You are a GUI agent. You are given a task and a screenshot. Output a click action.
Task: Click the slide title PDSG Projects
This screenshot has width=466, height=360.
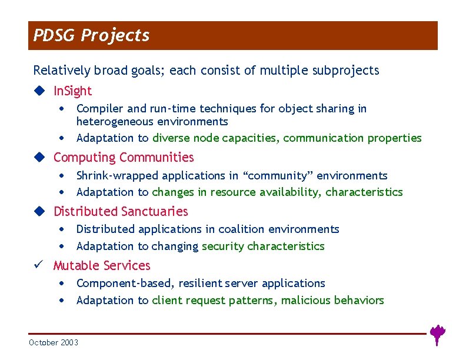click(x=91, y=36)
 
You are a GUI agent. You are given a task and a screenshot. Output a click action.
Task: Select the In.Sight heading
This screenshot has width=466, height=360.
click(x=72, y=91)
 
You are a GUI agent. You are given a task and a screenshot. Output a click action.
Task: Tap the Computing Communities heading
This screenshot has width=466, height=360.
click(x=123, y=158)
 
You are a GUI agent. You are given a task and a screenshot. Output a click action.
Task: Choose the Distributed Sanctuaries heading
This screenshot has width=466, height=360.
click(x=121, y=212)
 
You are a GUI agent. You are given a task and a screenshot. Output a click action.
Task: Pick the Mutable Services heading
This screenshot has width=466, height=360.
click(x=102, y=266)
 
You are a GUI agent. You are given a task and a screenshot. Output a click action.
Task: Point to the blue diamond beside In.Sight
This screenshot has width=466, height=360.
click(x=39, y=91)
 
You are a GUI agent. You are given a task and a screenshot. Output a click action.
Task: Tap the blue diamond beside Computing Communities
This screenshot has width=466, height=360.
click(x=39, y=158)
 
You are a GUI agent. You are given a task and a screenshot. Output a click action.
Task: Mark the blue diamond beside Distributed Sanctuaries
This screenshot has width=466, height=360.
click(x=39, y=212)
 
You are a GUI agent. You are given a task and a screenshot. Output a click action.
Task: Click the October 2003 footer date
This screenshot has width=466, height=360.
click(x=54, y=342)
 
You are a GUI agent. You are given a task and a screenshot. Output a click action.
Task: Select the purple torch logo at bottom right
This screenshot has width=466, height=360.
click(x=437, y=334)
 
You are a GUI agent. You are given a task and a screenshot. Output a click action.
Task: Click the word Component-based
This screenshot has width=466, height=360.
click(x=124, y=284)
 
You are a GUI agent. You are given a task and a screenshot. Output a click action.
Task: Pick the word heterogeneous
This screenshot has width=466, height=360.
click(x=112, y=122)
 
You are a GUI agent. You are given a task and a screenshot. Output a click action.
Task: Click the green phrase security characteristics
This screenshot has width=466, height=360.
click(x=263, y=246)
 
